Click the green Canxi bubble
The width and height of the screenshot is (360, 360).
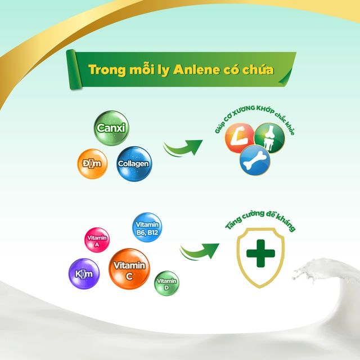pyautogui.click(x=110, y=128)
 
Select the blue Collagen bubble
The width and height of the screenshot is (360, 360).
pyautogui.click(x=133, y=164)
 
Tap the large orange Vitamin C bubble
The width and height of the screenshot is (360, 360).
pyautogui.click(x=130, y=268)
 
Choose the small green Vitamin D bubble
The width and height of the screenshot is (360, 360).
pyautogui.click(x=166, y=281)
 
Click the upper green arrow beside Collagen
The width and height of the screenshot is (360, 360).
pyautogui.click(x=183, y=147)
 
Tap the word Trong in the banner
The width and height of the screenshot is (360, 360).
pyautogui.click(x=107, y=70)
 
